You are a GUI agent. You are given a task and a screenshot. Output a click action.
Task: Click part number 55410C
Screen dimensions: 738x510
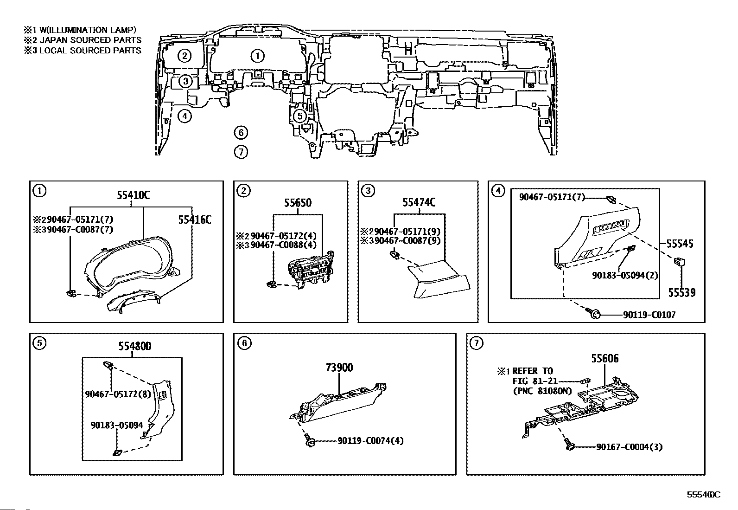tap(133, 195)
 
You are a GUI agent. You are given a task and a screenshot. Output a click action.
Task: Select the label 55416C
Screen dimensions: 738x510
tap(194, 219)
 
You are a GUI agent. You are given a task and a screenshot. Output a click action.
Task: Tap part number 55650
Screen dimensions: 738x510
tap(298, 203)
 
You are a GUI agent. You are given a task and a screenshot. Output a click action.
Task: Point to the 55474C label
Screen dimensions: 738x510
tap(419, 202)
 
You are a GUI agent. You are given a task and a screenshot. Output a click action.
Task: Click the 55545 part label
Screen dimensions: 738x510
tap(680, 244)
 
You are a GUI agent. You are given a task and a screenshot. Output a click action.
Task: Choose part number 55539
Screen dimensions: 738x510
tap(681, 293)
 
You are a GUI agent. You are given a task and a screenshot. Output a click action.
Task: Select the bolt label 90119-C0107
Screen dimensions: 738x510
tap(649, 315)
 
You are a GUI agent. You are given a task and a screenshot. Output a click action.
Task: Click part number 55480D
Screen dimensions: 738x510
tap(135, 346)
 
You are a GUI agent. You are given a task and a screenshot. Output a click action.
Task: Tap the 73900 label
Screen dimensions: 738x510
tap(339, 368)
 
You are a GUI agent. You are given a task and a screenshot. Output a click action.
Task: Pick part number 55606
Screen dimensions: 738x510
tap(605, 359)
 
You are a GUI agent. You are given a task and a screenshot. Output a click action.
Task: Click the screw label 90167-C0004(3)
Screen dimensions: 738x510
tap(629, 447)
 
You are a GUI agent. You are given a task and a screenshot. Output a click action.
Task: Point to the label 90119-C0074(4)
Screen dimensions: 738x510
tap(371, 441)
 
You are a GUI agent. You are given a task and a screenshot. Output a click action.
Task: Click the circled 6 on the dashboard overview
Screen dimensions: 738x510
tap(241, 133)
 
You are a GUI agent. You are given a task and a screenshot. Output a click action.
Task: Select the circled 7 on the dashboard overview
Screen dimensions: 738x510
tap(241, 152)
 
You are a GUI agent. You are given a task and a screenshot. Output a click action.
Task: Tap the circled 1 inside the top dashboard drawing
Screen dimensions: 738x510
tap(258, 56)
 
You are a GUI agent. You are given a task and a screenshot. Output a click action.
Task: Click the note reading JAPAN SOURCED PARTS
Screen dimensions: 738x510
tap(90, 40)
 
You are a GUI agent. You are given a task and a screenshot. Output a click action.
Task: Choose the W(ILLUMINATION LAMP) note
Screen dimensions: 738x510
tap(88, 30)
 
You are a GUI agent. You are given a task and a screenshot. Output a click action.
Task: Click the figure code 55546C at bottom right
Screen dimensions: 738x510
tap(703, 495)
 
